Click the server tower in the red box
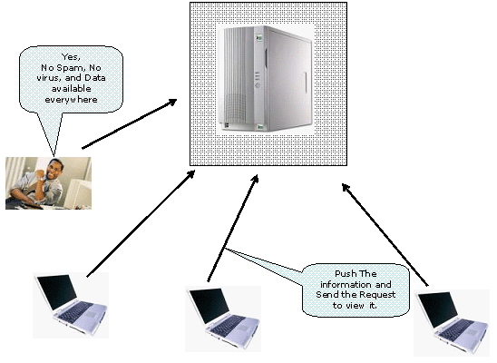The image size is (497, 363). (267, 79)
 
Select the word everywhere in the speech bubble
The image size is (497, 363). (71, 100)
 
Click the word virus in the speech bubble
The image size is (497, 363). (48, 78)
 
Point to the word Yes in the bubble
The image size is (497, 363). (71, 57)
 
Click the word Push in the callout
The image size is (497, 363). (346, 273)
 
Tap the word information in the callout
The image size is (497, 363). (346, 284)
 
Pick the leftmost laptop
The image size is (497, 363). (71, 305)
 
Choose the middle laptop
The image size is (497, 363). (223, 319)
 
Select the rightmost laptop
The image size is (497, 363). (452, 322)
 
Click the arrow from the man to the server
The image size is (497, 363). (130, 123)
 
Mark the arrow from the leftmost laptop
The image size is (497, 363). (141, 223)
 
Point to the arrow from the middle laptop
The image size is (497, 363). (233, 228)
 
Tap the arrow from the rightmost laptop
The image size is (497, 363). (385, 235)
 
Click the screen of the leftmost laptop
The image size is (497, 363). (57, 291)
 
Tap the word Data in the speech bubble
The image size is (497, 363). (94, 78)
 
